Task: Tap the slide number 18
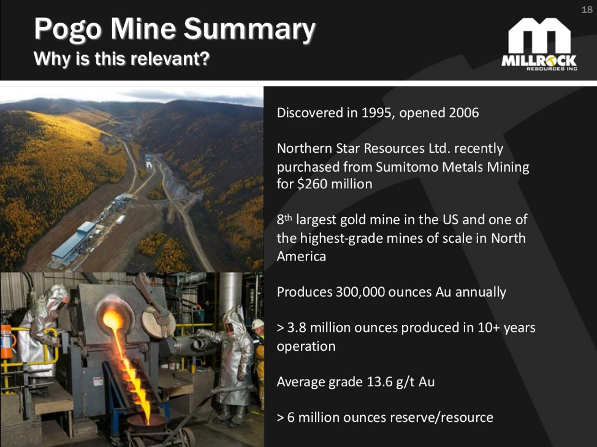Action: [587, 10]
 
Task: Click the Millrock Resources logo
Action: [539, 44]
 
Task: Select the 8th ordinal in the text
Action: [284, 219]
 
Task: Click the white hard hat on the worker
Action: [258, 324]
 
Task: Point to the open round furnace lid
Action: [158, 321]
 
